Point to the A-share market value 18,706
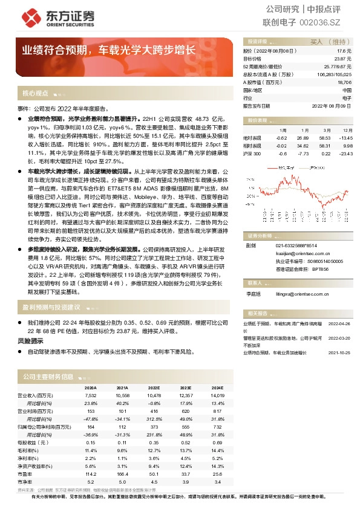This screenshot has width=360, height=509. pyautogui.click(x=344, y=82)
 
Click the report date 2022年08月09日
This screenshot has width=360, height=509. pyautogui.click(x=331, y=105)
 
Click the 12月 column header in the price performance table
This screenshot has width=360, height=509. pyautogui.click(x=347, y=130)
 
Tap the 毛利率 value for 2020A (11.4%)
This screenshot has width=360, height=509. pyautogui.click(x=91, y=450)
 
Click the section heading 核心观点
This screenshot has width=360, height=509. pyautogui.click(x=35, y=94)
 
